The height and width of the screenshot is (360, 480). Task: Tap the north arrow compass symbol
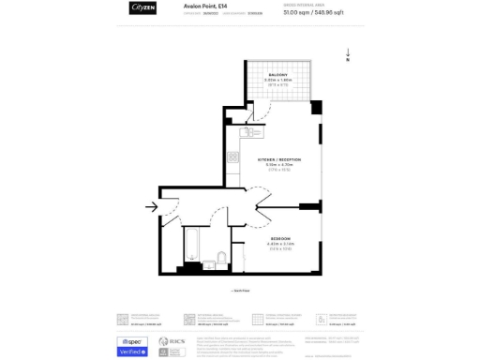tap(348, 56)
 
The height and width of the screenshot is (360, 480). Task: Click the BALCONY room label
tap(277, 74)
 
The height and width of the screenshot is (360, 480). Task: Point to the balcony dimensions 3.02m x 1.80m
tap(278, 80)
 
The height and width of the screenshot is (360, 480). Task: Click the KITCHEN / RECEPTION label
tap(279, 159)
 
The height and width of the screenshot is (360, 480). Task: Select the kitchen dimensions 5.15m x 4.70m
tap(279, 165)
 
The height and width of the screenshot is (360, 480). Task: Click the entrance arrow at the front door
tap(152, 207)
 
